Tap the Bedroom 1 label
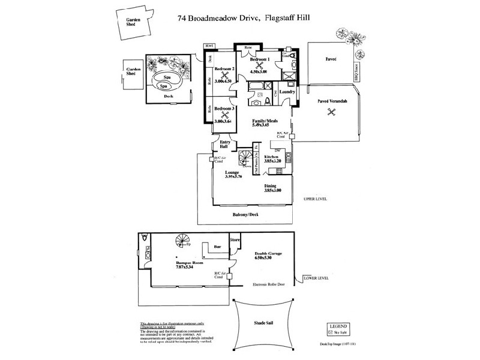(260, 58)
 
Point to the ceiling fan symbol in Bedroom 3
(226, 115)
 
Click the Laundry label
(287, 92)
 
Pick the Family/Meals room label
(265, 119)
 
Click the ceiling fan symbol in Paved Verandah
(328, 118)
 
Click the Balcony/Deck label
(246, 214)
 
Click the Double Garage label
(268, 254)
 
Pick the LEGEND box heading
(339, 325)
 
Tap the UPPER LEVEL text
(315, 198)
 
